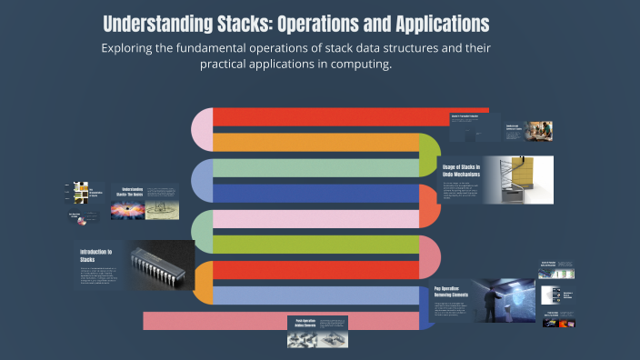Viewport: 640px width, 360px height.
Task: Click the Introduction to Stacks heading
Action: click(95, 255)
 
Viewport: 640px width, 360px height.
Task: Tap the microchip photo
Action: click(161, 265)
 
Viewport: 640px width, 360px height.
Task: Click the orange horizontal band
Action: click(318, 142)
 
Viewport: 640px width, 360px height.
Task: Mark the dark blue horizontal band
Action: click(318, 194)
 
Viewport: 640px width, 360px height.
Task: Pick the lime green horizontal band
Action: click(318, 245)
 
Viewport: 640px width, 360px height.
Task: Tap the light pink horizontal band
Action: click(318, 219)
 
